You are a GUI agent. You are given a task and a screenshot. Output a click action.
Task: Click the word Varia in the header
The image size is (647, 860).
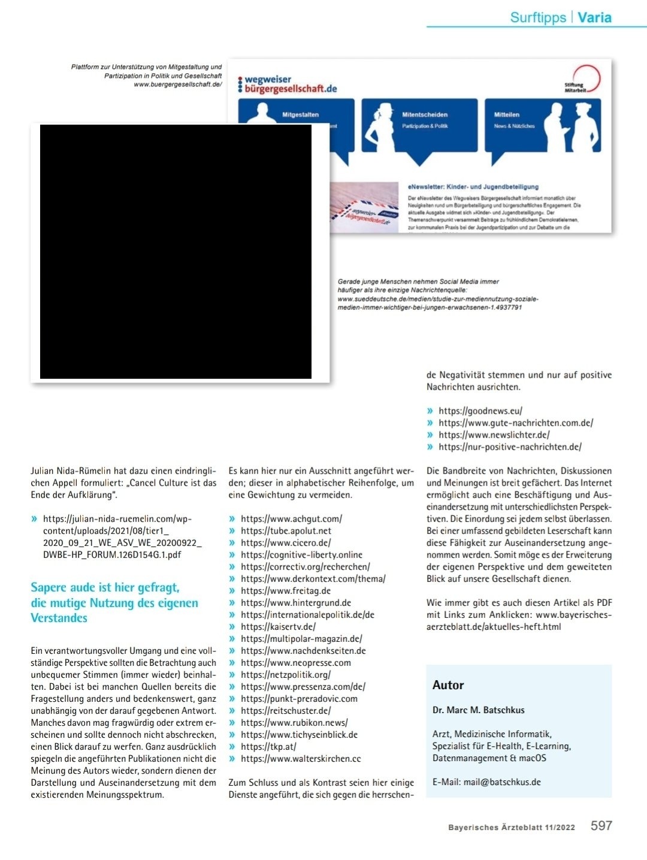coord(594,17)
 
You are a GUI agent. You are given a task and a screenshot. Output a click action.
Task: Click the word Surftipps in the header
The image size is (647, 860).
coord(538,17)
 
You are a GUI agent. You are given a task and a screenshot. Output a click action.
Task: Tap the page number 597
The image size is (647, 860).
coord(601,826)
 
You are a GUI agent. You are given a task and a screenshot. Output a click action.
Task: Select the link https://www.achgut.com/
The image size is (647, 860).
coord(291,519)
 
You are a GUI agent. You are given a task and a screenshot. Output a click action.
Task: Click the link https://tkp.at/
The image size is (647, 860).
coord(268,747)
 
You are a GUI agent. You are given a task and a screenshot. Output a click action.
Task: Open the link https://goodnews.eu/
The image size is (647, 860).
coord(480,411)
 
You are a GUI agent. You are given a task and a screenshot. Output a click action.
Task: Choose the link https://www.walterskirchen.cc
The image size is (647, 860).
coord(301,759)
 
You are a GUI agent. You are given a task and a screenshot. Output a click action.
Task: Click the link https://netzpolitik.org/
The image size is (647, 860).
coord(286,675)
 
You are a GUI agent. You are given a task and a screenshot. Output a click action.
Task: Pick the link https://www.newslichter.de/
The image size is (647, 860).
coord(494,435)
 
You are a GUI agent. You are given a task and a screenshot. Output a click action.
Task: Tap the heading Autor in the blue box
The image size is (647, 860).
coord(448,685)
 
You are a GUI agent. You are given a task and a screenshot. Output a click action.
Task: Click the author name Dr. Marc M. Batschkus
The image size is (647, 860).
coord(478,710)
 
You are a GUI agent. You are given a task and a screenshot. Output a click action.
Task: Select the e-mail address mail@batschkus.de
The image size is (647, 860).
coord(502,782)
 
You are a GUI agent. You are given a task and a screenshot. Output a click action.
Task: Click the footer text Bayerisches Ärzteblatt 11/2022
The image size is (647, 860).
coord(511,828)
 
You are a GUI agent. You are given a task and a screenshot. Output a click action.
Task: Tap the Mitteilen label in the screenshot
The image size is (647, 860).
coord(507,114)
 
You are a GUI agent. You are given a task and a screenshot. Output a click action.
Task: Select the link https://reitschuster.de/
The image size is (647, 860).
coord(286,711)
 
